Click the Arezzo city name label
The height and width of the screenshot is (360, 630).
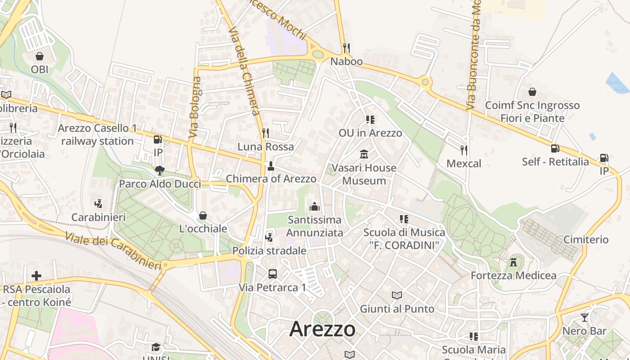[322, 329]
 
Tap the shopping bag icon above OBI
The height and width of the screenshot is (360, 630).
[40, 56]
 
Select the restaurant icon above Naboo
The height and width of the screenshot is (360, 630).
[346, 48]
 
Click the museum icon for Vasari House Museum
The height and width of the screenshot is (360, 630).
[364, 154]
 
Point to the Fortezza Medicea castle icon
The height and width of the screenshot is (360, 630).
[513, 262]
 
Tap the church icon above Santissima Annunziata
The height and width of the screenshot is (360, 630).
[315, 207]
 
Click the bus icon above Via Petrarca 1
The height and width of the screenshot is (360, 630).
[272, 274]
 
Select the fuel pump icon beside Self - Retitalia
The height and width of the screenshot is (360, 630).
[555, 148]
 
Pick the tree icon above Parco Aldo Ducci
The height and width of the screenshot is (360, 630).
[159, 170]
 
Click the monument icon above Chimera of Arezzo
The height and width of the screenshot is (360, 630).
[271, 166]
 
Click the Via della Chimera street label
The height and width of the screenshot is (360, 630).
[244, 71]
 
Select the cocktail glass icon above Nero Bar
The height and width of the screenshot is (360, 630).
[585, 318]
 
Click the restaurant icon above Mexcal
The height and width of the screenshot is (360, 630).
[464, 150]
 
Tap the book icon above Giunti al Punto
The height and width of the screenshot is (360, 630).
[396, 295]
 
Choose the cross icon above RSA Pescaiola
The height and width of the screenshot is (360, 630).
[36, 275]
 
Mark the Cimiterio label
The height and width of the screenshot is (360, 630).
[586, 239]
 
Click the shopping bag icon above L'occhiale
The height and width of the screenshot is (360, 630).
[203, 216]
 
